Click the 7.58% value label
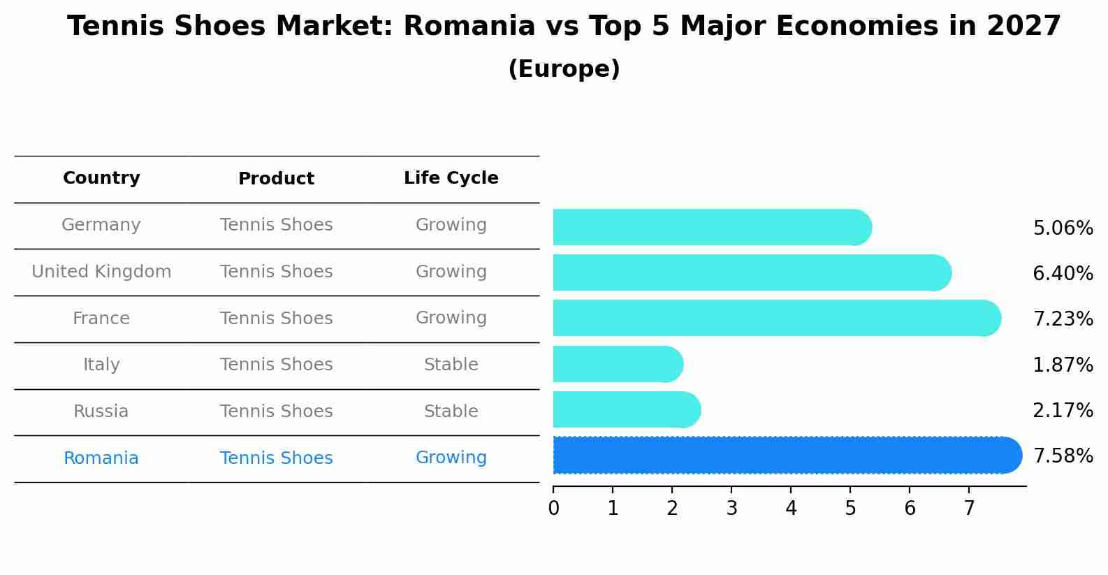pyautogui.click(x=1063, y=456)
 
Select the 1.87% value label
pyautogui.click(x=1063, y=365)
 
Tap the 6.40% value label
pyautogui.click(x=1063, y=273)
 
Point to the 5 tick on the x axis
pyautogui.click(x=850, y=508)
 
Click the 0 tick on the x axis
pyautogui.click(x=554, y=508)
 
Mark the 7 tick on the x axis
pyautogui.click(x=969, y=508)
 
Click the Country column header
pyautogui.click(x=101, y=178)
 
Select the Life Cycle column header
pyautogui.click(x=451, y=178)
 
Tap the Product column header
pyautogui.click(x=276, y=179)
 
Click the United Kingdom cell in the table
pyautogui.click(x=101, y=272)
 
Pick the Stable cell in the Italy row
pyautogui.click(x=451, y=365)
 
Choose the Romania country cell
pyautogui.click(x=101, y=458)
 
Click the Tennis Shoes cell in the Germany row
pyautogui.click(x=276, y=225)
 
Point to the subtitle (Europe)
pyautogui.click(x=564, y=69)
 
